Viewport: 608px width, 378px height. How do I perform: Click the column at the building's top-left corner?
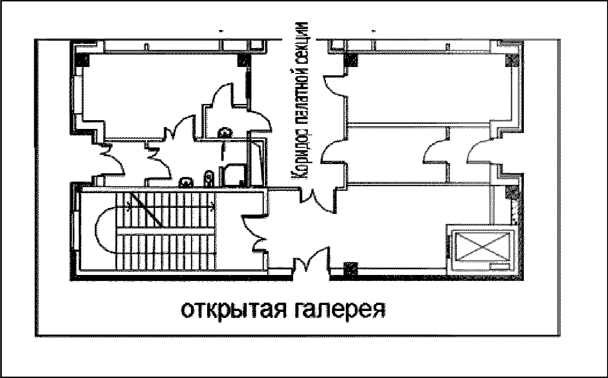click(83, 60)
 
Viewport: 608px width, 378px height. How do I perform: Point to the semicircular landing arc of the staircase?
click(104, 229)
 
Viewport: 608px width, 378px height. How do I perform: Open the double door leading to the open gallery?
click(313, 262)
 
